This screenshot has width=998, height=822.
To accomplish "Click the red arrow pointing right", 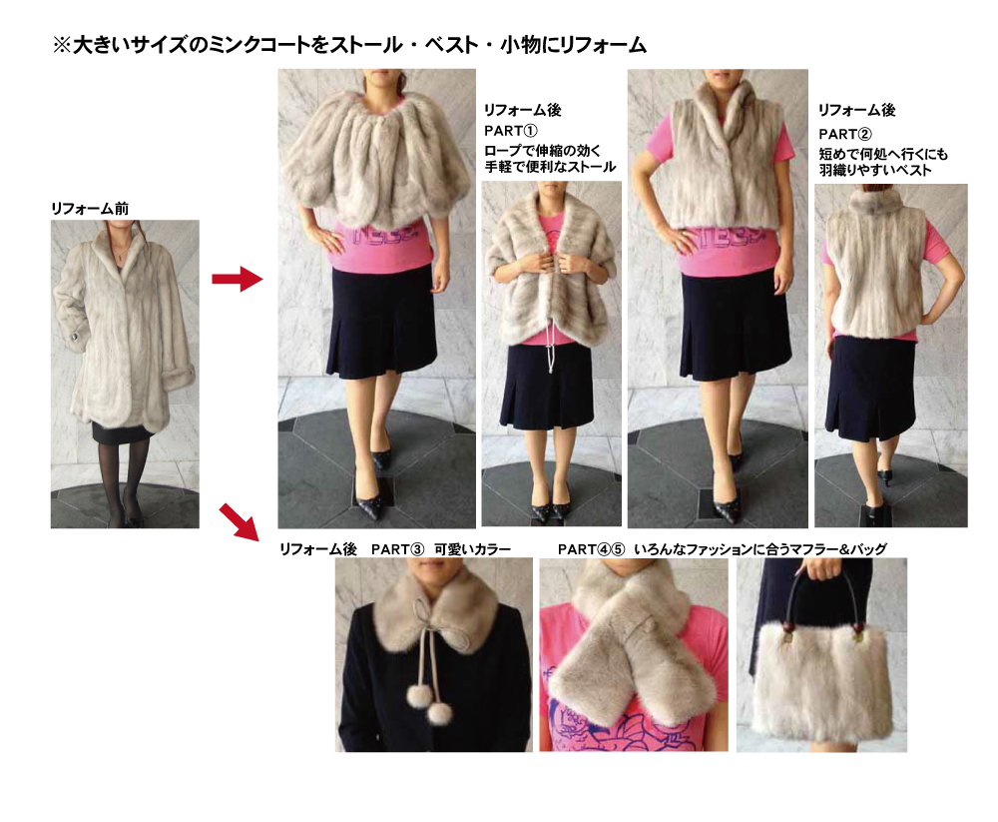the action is click(x=237, y=279).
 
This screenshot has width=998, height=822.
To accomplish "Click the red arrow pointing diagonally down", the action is click(x=239, y=521).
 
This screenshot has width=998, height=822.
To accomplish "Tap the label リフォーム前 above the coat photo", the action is click(x=90, y=209).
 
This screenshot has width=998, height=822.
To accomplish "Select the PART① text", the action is click(x=510, y=131).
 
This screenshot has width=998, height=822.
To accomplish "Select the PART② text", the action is click(x=845, y=135).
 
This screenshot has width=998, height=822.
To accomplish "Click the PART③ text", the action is click(x=397, y=549).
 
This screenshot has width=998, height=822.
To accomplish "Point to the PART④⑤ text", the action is click(x=591, y=549).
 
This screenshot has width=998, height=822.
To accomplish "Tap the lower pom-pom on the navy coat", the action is click(x=439, y=714).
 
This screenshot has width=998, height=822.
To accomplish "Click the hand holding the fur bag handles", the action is click(x=823, y=568).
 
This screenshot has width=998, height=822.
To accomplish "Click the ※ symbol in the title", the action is click(x=62, y=45).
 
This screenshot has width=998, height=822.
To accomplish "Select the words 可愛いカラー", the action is click(x=473, y=549).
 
